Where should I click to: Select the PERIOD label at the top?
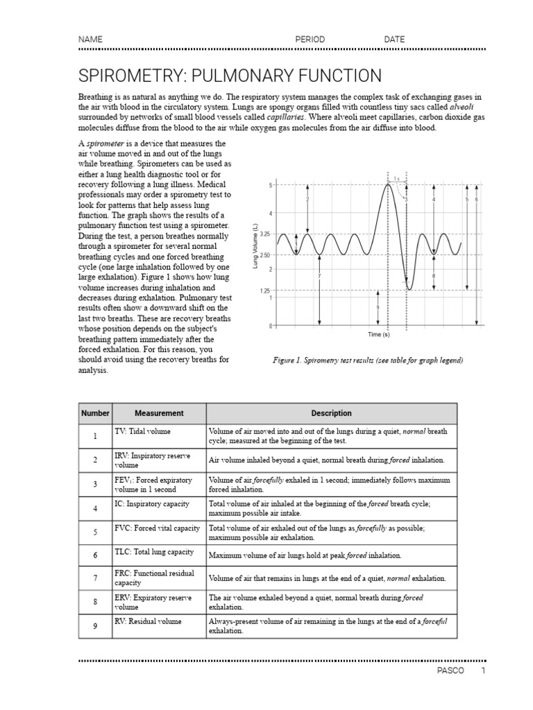click(310, 40)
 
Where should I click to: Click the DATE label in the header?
click(394, 40)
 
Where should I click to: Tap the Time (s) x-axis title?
click(378, 334)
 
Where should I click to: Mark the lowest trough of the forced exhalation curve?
click(410, 289)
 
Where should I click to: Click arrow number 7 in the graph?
click(319, 276)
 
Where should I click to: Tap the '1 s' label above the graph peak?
click(396, 179)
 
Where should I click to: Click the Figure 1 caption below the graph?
click(368, 361)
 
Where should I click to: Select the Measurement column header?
click(159, 413)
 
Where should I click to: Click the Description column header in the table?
click(331, 413)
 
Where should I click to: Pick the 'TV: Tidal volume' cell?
click(142, 431)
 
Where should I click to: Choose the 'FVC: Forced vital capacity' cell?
click(157, 528)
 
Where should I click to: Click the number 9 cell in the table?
click(95, 626)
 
